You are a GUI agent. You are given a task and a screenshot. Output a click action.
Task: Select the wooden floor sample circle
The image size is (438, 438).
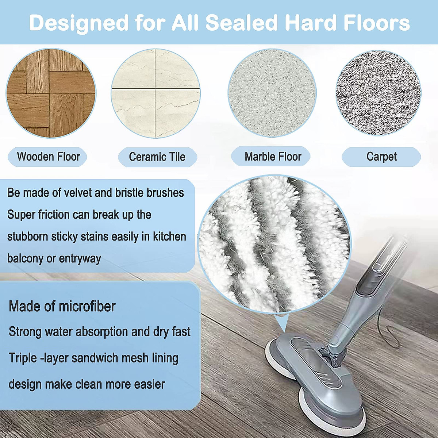click(x=51, y=93)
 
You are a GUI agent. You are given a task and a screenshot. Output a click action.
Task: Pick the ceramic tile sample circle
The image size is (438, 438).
click(x=156, y=93)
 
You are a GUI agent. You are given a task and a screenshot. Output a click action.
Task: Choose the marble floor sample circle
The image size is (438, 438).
click(x=272, y=93)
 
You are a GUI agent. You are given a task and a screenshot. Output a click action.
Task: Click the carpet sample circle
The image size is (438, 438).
click(x=379, y=93)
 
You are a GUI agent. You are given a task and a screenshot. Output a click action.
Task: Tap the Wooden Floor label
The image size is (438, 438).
click(x=47, y=157)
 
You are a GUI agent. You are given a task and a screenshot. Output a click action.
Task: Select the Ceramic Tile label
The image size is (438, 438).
click(x=157, y=157)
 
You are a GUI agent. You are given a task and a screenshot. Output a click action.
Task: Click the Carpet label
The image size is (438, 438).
click(x=381, y=157)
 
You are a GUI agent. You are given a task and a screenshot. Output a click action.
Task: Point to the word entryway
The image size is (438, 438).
click(x=80, y=259)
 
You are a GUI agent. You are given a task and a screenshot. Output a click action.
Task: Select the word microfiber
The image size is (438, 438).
click(x=87, y=306)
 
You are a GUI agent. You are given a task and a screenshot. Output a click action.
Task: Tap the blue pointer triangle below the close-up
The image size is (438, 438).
click(x=282, y=323)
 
